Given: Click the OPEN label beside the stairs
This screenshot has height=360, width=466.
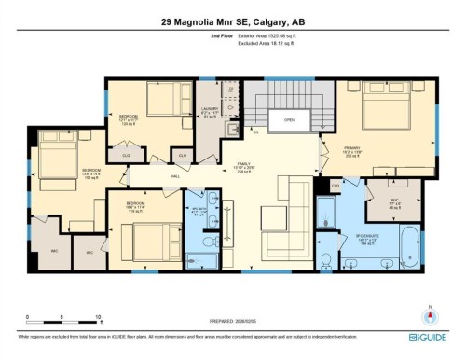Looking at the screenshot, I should (290, 119).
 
